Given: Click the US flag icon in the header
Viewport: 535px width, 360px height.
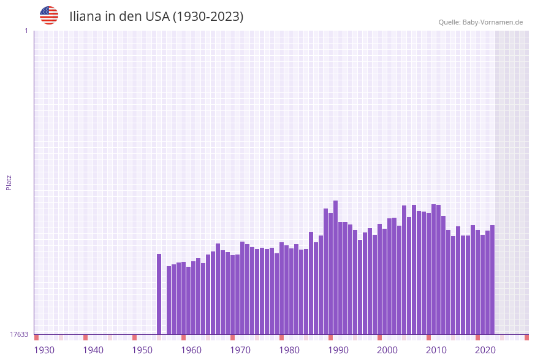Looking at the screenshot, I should tap(49, 15).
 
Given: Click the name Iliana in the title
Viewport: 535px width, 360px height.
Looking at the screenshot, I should tap(85, 17).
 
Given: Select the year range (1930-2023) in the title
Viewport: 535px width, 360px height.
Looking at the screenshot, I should tap(208, 17).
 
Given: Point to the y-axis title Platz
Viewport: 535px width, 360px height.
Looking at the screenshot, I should tap(9, 182).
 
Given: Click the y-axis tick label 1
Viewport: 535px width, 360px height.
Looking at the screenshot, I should tap(26, 31).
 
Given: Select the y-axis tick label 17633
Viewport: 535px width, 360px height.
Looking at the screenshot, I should tap(19, 334).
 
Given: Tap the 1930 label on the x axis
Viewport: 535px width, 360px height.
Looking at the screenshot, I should tap(44, 350).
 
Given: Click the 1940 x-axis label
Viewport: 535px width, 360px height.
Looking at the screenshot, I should tap(93, 350).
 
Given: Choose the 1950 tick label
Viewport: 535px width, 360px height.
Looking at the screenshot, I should tap(142, 350).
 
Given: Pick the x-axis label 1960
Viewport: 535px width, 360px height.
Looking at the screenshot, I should tap(191, 350).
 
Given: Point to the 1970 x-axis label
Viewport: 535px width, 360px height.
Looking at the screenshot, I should tap(240, 350).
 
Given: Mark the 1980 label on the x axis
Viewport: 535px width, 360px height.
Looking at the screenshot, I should tap(289, 350).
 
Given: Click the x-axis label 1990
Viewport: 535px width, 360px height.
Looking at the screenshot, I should tap(338, 350).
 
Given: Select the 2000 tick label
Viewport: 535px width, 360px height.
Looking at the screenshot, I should tap(387, 350).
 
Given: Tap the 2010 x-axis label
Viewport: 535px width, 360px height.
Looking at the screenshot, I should tap(436, 350).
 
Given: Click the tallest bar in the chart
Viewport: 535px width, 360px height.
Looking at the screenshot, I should tap(335, 267).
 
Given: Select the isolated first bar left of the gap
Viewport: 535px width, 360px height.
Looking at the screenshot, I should tap(159, 294).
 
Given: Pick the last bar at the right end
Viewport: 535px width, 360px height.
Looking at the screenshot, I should tap(492, 280).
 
